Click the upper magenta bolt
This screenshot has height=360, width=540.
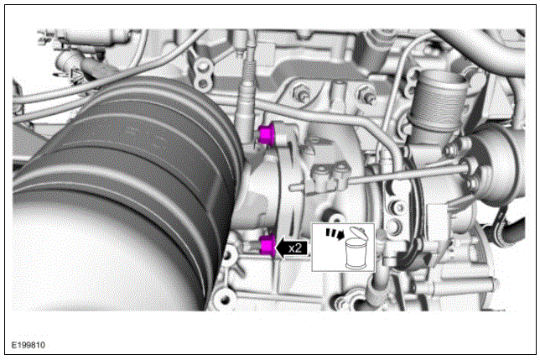point(266,134)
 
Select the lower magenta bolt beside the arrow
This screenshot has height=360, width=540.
point(267,246)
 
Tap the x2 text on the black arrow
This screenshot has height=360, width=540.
point(295,248)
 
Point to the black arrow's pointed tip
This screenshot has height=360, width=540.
point(276,248)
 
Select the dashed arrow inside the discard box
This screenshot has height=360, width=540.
point(335,233)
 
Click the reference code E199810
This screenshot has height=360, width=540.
point(29,345)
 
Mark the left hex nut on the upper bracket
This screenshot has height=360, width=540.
point(302,95)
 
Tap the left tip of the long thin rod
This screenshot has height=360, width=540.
point(290,188)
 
